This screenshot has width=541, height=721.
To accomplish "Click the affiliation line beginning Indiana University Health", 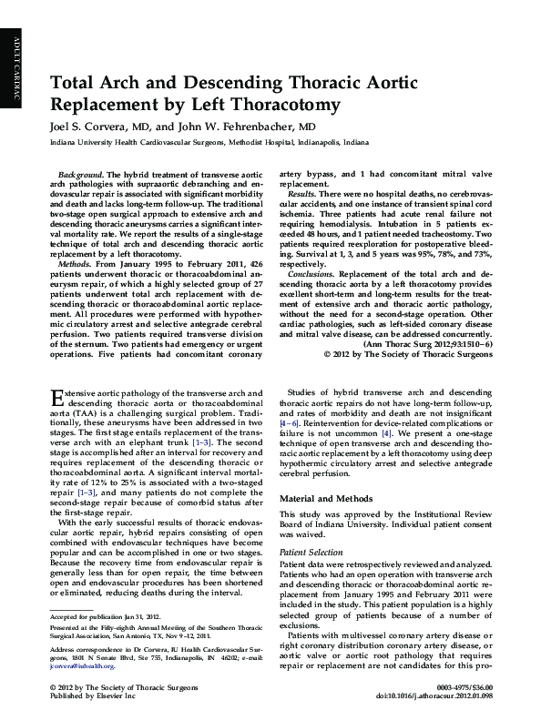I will click(x=209, y=143).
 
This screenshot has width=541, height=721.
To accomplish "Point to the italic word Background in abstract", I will click(x=79, y=173).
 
